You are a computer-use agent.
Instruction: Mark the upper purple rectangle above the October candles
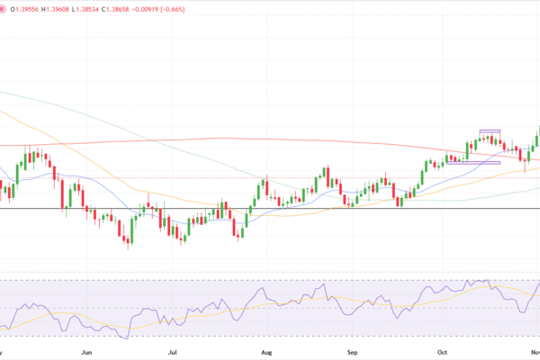(490, 131)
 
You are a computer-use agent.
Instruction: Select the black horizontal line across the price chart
(270, 209)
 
